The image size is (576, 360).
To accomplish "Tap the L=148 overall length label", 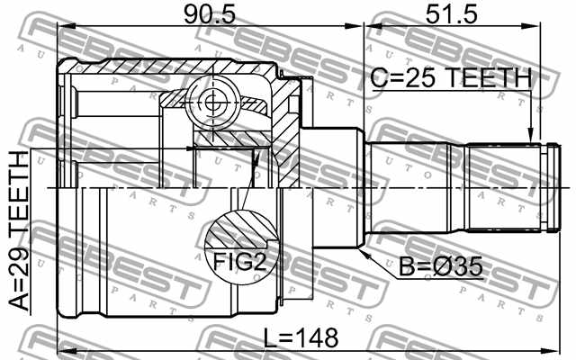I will click(x=301, y=339).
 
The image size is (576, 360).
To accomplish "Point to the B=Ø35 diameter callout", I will click(x=439, y=267).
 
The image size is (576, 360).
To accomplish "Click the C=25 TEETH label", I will click(x=451, y=79).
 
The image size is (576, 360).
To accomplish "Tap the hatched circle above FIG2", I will click(x=238, y=230).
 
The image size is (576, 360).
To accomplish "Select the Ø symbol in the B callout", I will click(x=444, y=267).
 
